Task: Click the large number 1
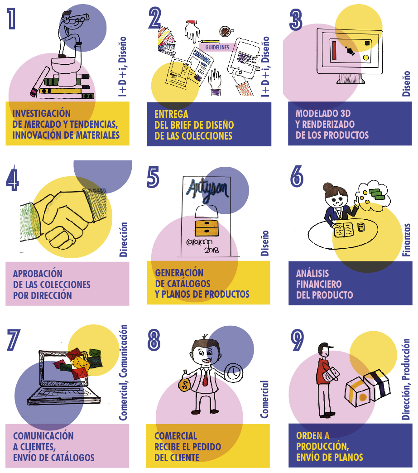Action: (11, 19)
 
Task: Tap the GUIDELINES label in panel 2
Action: (217, 48)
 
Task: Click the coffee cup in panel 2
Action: (225, 31)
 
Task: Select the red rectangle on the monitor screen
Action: (334, 50)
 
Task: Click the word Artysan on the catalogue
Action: (207, 189)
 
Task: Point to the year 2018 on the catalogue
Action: (211, 250)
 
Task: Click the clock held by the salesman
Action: (234, 372)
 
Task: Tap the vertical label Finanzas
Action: (407, 240)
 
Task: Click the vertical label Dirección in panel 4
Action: (123, 240)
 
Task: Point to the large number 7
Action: (13, 340)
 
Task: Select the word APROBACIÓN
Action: (38, 274)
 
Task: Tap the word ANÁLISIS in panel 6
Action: (312, 273)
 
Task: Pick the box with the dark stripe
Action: (377, 385)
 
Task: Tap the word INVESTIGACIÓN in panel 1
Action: (42, 113)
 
